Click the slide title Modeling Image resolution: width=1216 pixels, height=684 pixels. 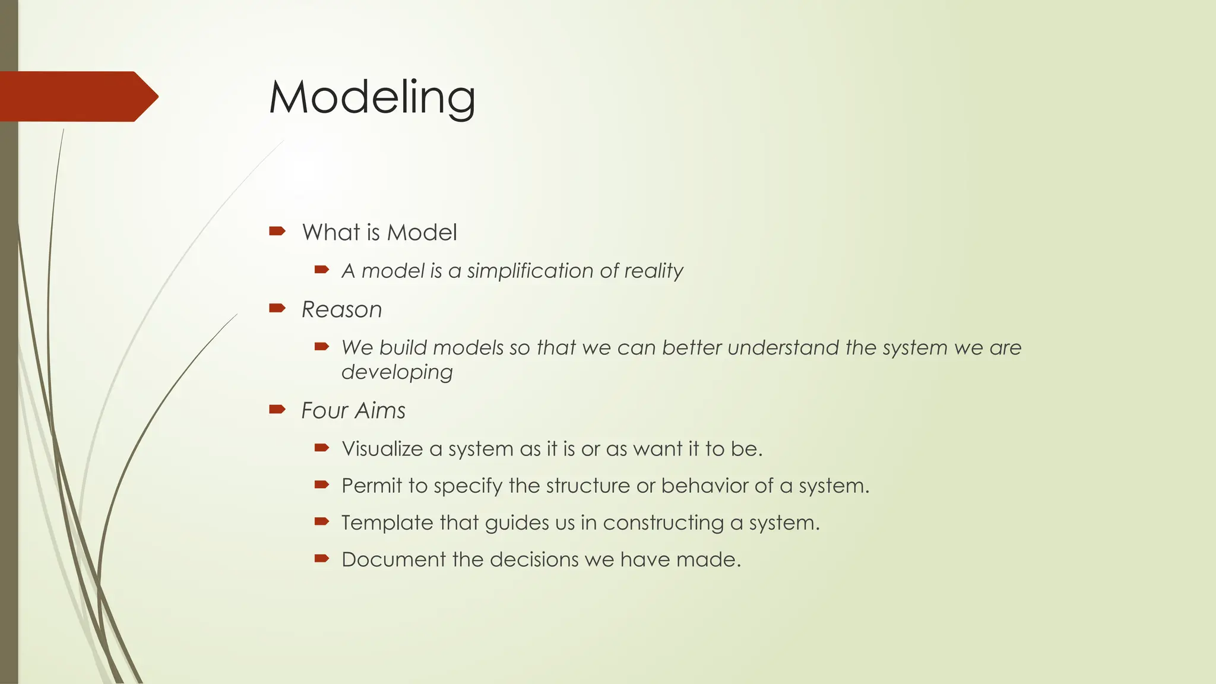372,97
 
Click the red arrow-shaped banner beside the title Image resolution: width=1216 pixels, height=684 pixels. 77,96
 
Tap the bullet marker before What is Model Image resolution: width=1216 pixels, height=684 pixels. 277,231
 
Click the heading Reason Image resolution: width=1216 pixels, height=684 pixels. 341,309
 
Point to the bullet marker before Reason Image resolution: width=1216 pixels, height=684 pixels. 277,308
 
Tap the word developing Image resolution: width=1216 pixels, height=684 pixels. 397,372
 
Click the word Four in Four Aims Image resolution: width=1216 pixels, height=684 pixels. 324,410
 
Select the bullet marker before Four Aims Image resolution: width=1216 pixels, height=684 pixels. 277,408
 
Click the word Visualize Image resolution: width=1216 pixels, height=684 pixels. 382,448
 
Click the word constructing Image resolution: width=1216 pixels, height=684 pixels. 663,523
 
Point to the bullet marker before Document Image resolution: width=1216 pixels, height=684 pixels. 322,558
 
